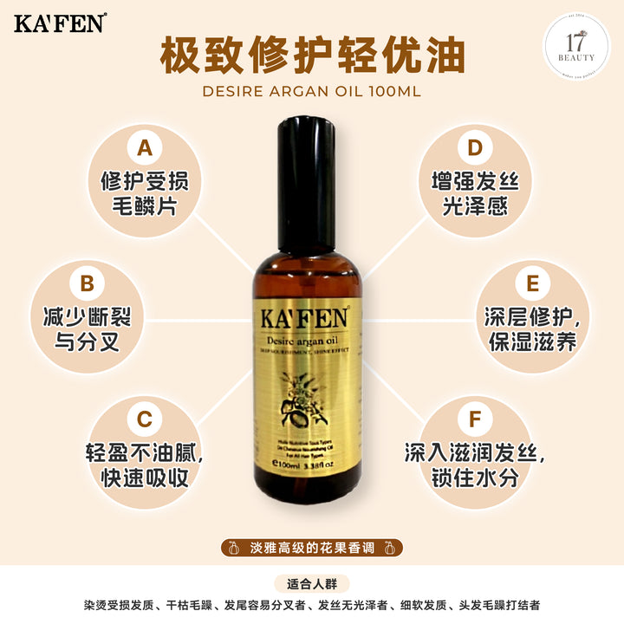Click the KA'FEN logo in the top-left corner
click(x=60, y=23)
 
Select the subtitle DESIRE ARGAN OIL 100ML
click(x=312, y=91)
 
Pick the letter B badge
click(x=87, y=283)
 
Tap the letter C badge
click(x=145, y=419)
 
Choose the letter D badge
click(x=474, y=148)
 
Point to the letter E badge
click(x=531, y=283)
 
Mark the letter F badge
click(x=474, y=419)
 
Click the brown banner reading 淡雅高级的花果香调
click(x=312, y=547)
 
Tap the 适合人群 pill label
click(x=312, y=583)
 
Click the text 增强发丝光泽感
click(x=474, y=193)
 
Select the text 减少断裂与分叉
click(x=87, y=328)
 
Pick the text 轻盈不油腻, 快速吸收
click(x=145, y=465)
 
